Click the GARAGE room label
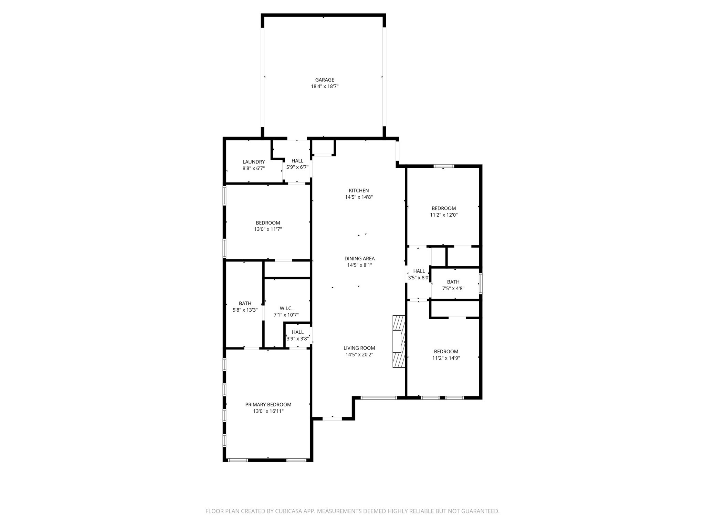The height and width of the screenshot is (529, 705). click(x=325, y=80)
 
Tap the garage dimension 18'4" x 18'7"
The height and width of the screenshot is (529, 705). click(x=325, y=86)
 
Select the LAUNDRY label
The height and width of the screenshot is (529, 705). click(x=254, y=162)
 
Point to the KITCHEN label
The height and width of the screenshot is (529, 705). click(x=359, y=190)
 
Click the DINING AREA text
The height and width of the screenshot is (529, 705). click(x=359, y=259)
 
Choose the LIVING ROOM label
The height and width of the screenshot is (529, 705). click(x=359, y=348)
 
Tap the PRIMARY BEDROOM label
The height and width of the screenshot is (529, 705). click(x=268, y=405)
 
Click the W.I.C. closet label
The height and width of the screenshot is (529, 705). click(x=286, y=308)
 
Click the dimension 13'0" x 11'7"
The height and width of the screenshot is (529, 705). click(x=268, y=229)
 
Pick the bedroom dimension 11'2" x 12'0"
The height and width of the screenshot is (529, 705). click(x=444, y=215)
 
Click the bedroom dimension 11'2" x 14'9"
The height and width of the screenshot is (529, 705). click(x=446, y=358)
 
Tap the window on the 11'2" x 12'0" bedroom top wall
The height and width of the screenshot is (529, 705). click(x=444, y=166)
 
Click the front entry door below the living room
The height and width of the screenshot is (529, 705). click(x=332, y=418)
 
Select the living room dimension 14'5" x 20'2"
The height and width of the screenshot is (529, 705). click(x=359, y=355)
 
